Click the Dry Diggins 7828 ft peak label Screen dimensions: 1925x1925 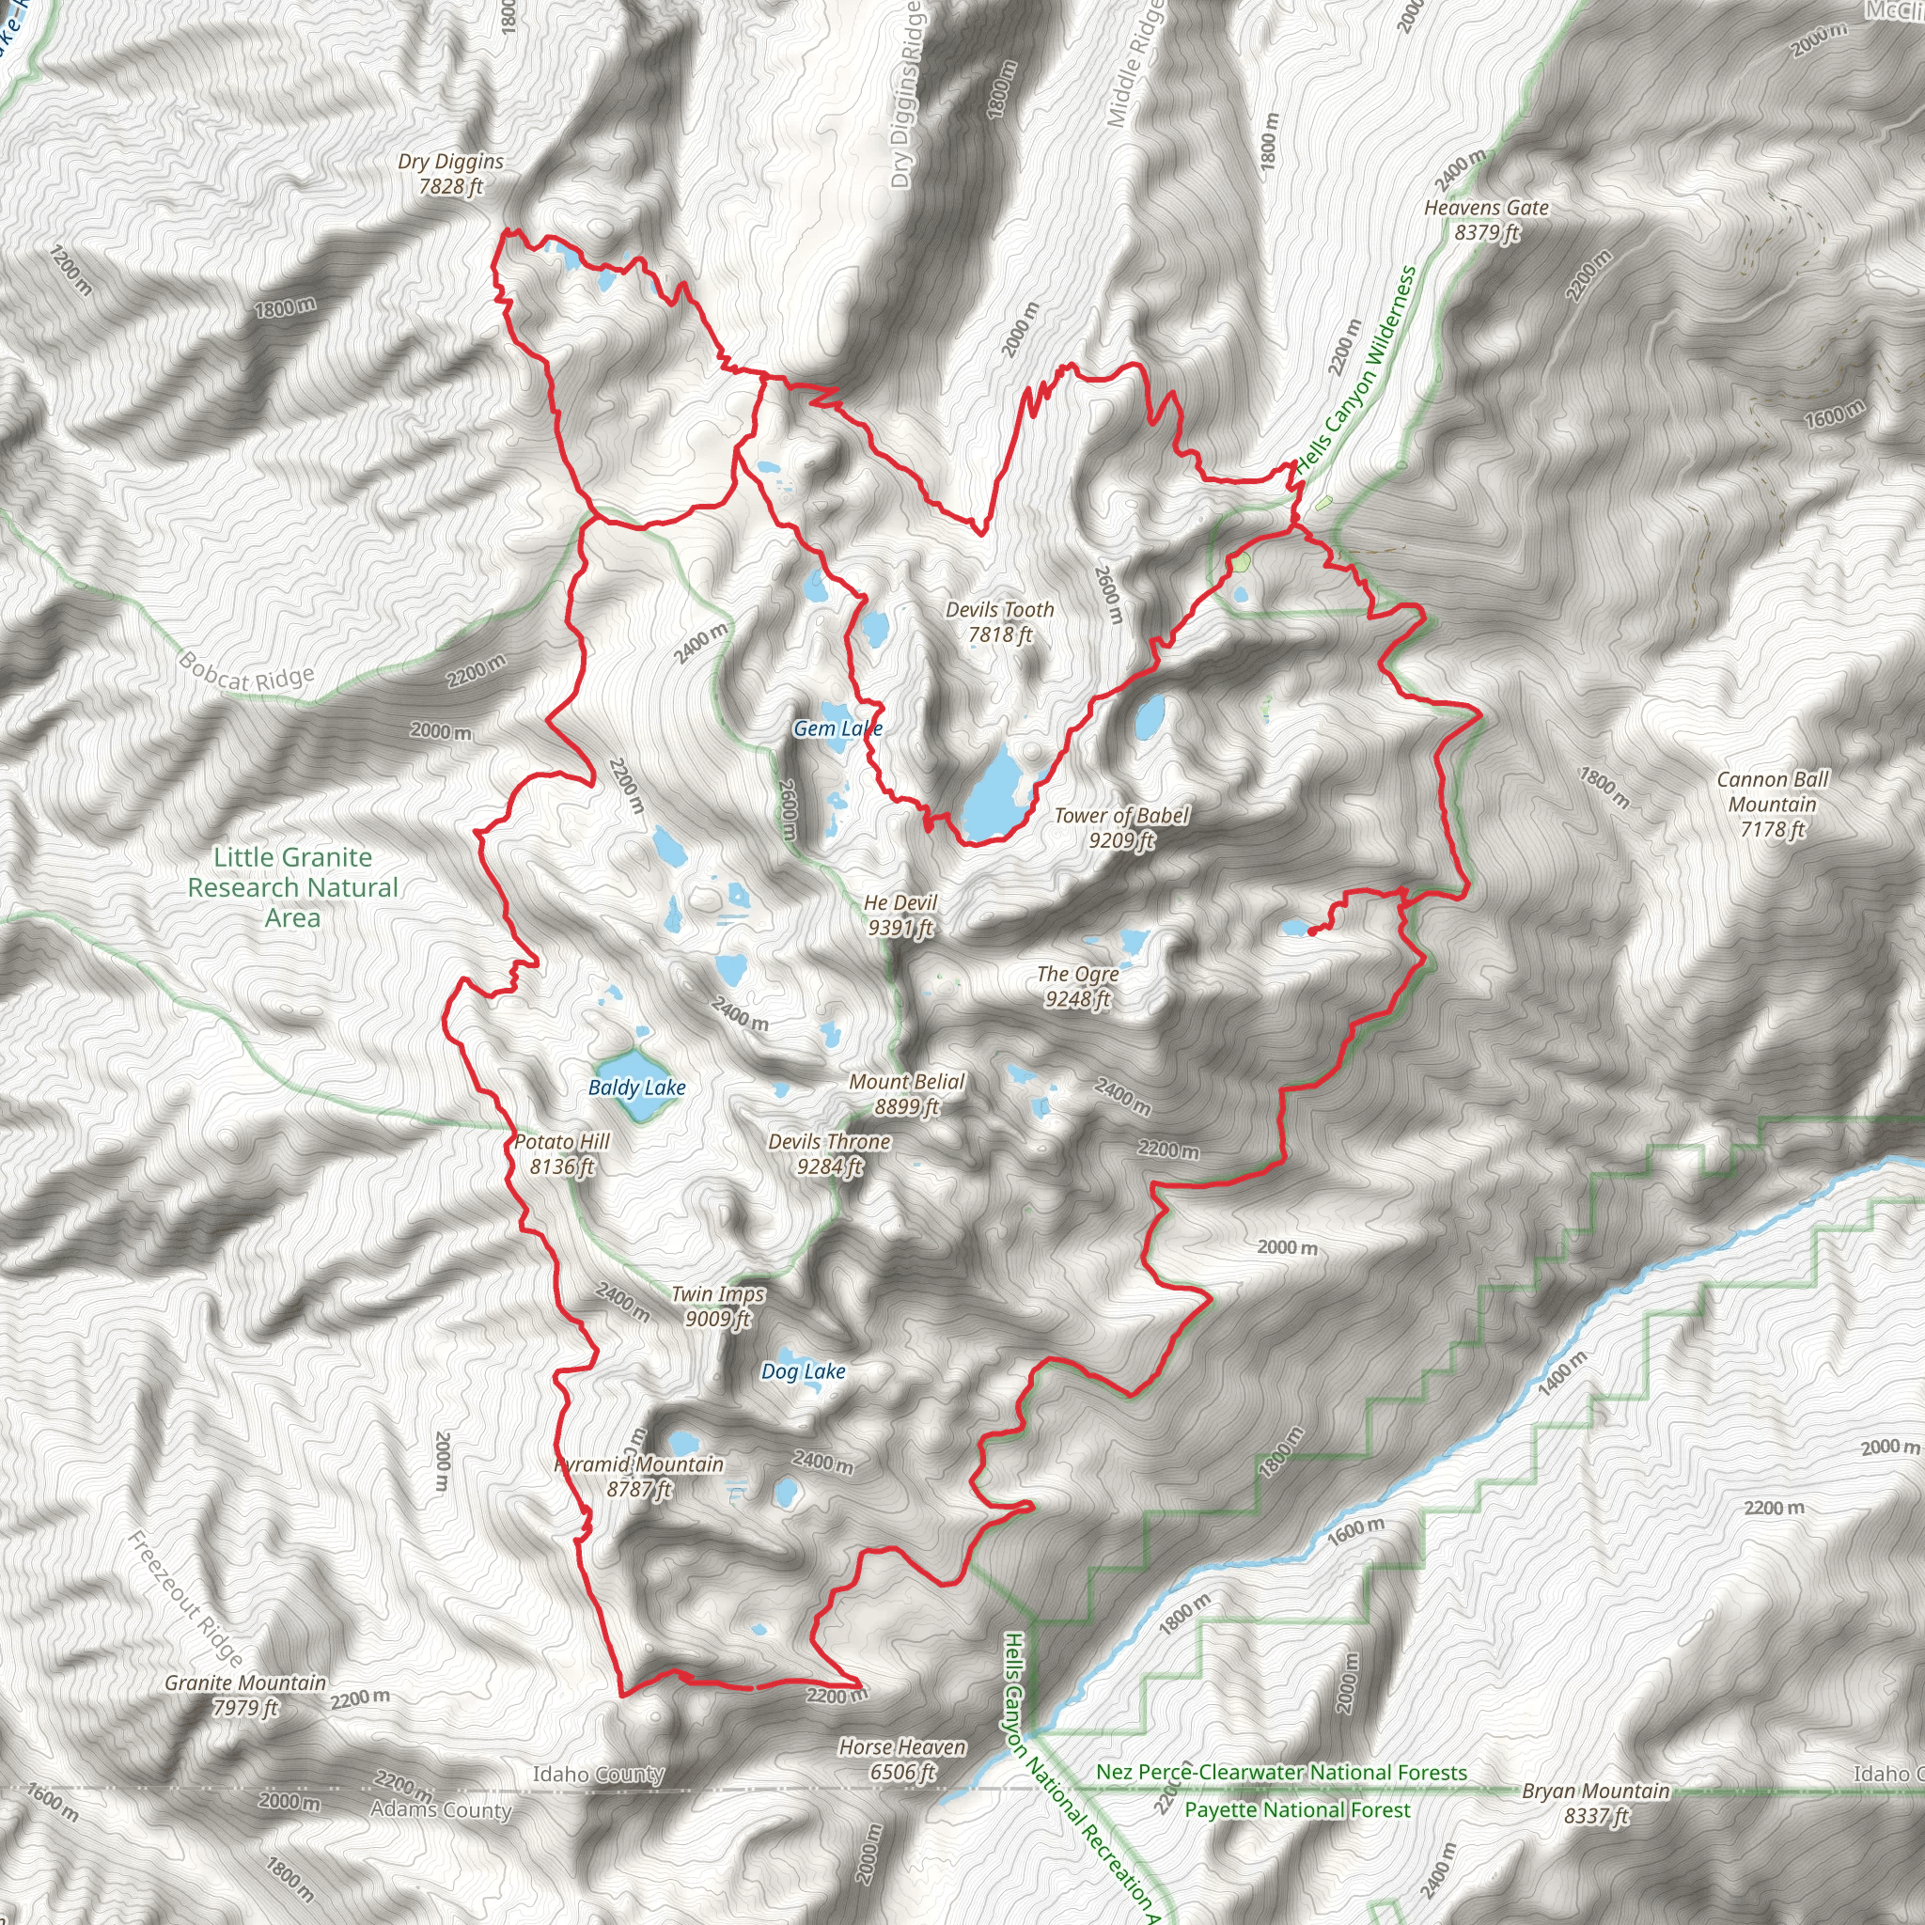(x=450, y=173)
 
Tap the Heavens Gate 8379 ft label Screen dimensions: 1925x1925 (x=1486, y=219)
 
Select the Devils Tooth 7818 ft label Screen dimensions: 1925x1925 (x=999, y=620)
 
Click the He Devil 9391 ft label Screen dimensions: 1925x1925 (x=900, y=915)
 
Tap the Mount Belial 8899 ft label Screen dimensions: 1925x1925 (x=907, y=1093)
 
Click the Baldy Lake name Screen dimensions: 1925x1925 (x=636, y=1088)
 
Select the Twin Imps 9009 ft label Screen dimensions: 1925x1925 (x=717, y=1306)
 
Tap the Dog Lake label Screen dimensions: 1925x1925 (x=803, y=1371)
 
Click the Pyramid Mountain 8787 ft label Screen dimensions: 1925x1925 (x=638, y=1476)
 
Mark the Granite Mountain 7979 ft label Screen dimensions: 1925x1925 (x=245, y=1694)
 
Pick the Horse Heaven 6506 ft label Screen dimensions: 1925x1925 (x=901, y=1759)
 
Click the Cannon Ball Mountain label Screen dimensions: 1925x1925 (x=1773, y=803)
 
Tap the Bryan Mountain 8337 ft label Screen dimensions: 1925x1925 (x=1595, y=1803)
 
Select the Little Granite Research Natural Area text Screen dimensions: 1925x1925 (x=293, y=885)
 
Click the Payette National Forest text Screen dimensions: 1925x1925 (x=1297, y=1809)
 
